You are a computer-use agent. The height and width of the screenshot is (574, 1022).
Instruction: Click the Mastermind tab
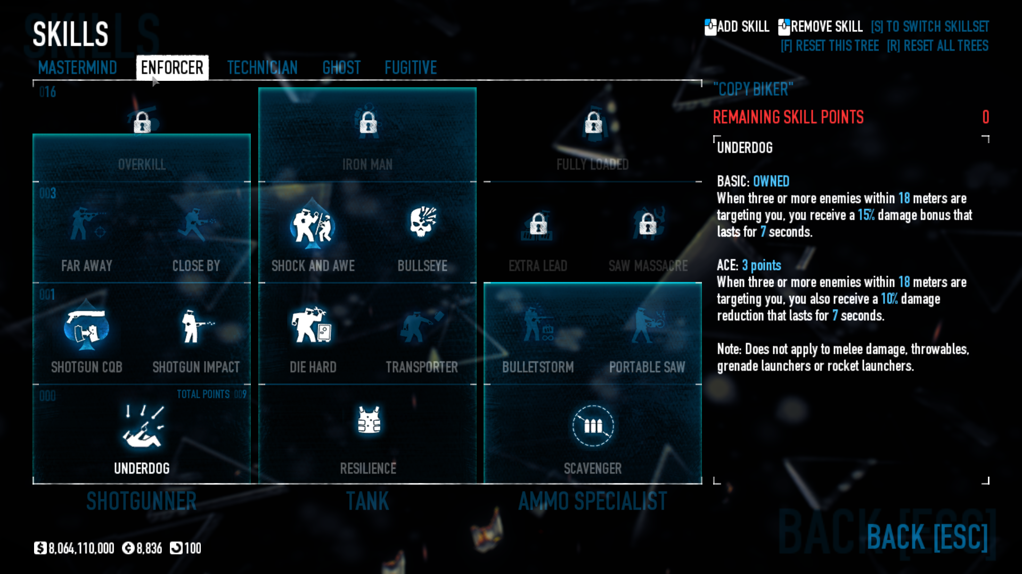pos(77,68)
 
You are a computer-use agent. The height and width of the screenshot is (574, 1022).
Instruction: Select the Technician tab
pos(262,68)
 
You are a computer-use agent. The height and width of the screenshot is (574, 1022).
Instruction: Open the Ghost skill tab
pos(341,68)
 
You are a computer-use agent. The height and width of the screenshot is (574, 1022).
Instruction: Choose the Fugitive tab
pos(411,68)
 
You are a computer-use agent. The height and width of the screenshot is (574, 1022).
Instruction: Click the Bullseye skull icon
pos(422,222)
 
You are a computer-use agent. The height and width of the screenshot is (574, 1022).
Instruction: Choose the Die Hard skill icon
pos(312,325)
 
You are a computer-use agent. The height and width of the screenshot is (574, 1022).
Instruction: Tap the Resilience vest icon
pos(369,420)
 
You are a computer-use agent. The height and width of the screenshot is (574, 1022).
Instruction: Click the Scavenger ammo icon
pos(593,426)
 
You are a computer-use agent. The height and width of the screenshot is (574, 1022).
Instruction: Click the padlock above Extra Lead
pos(538,223)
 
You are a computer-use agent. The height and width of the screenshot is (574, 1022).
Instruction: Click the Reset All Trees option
pos(937,46)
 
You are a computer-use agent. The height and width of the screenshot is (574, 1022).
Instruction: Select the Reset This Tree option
pos(829,46)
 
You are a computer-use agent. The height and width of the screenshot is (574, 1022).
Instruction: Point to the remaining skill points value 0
pos(985,117)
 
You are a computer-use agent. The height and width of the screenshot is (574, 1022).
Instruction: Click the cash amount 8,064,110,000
pos(81,548)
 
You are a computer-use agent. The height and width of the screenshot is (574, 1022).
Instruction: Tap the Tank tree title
pos(367,501)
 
